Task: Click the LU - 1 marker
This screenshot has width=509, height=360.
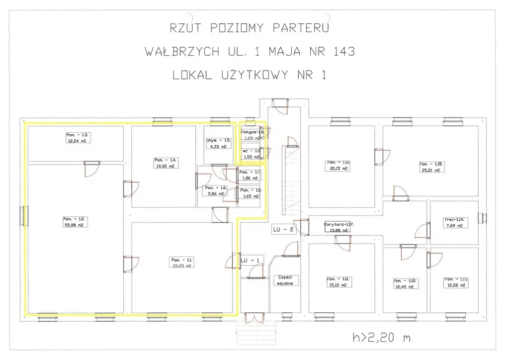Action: click(x=250, y=261)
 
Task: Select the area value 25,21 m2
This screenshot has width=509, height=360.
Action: click(x=429, y=170)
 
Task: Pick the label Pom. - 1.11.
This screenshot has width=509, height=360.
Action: click(x=339, y=278)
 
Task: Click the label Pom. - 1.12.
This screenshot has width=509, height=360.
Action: click(x=405, y=280)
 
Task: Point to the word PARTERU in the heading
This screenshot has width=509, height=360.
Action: click(x=301, y=28)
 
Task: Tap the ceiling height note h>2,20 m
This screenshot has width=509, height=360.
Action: click(x=382, y=338)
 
